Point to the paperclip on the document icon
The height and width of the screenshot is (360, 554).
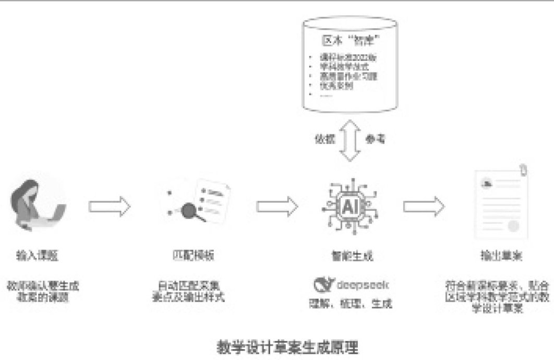pos(523,171)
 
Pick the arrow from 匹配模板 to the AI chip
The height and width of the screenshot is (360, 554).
pos(276,205)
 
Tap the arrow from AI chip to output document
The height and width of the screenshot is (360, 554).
pos(424,205)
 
